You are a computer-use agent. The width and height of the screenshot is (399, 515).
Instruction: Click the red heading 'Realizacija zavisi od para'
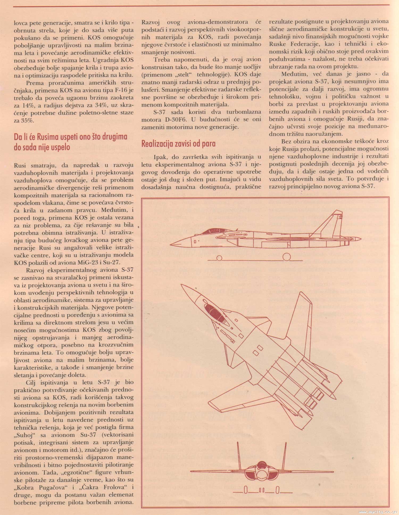tap(178, 144)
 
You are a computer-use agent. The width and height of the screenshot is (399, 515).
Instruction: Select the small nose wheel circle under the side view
tap(219, 258)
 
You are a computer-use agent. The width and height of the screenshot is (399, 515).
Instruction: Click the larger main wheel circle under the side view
tap(286, 257)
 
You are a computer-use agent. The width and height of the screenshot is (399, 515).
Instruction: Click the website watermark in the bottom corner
tap(378, 511)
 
